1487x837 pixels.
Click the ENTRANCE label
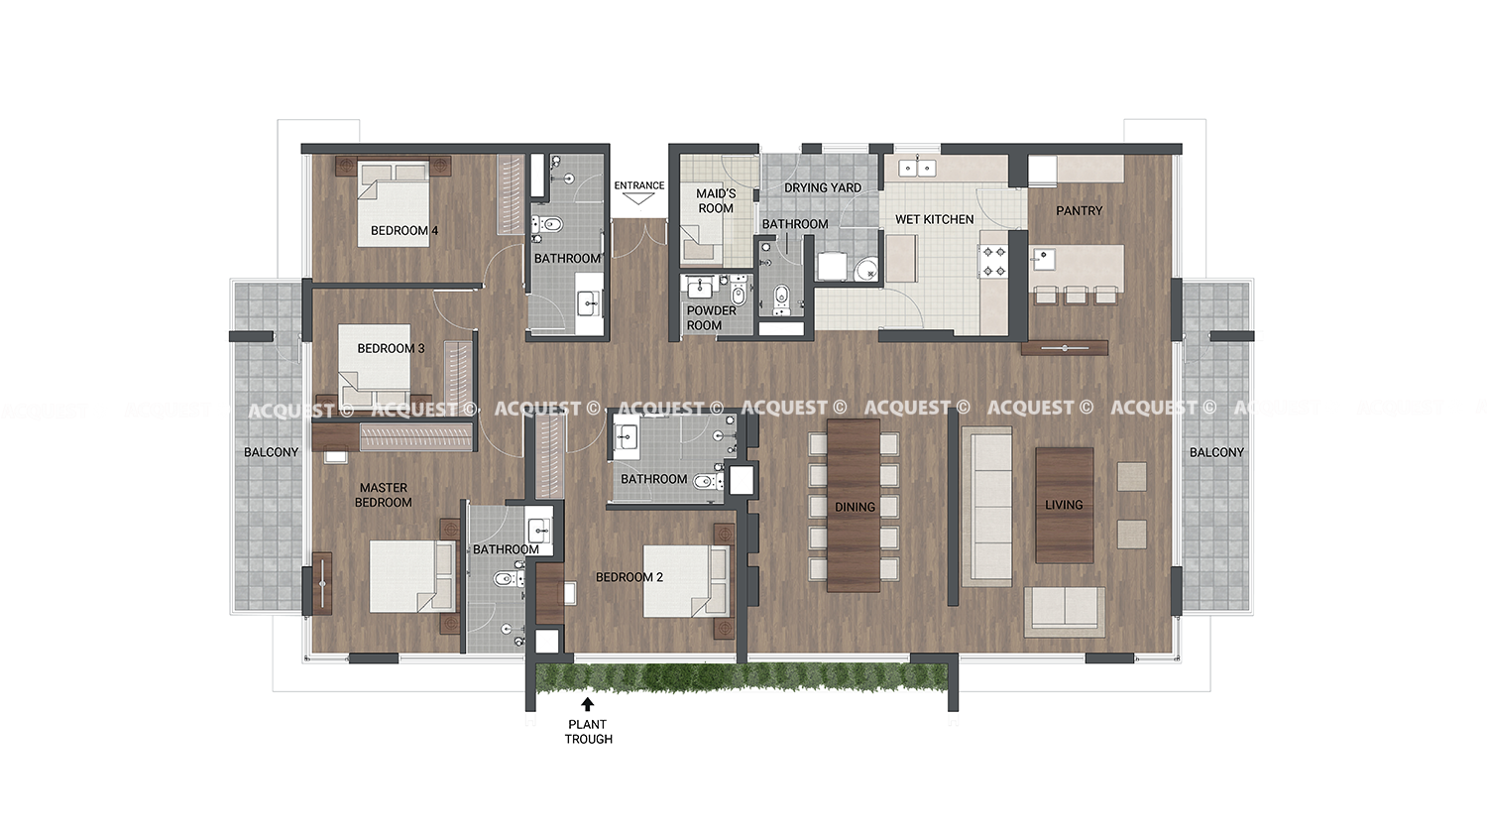coord(638,185)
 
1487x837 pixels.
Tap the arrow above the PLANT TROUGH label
coord(588,704)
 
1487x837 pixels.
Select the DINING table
coord(853,505)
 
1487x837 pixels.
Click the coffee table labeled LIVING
coord(1064,506)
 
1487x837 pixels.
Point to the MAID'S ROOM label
coord(716,200)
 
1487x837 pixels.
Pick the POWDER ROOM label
coord(711,318)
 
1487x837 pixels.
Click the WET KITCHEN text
coord(934,219)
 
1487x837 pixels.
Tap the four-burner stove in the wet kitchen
coord(993,261)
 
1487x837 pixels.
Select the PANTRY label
coord(1079,210)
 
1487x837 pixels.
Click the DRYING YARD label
coord(823,188)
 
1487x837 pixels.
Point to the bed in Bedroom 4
coord(394,202)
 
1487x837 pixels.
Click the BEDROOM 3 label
coord(391,348)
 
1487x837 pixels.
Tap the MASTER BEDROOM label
coord(383,495)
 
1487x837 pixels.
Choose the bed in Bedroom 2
coord(686,581)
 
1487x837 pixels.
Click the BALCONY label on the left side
coord(271,452)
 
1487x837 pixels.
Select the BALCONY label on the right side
coord(1216,452)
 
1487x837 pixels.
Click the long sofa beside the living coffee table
coord(987,506)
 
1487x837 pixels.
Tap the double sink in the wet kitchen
coord(917,168)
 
